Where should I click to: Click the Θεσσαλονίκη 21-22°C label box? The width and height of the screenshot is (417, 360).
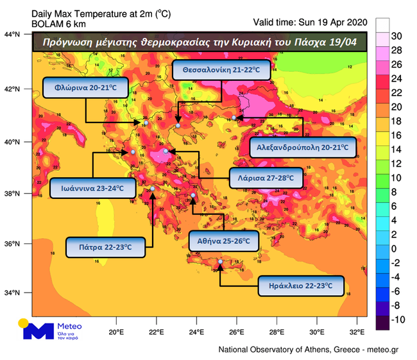point(221,71)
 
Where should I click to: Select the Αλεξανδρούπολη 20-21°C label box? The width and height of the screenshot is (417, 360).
point(302,147)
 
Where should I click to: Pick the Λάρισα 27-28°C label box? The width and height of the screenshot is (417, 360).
point(264,178)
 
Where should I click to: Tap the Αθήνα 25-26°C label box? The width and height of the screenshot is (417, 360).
point(224,241)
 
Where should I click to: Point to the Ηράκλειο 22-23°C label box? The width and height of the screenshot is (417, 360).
point(301,286)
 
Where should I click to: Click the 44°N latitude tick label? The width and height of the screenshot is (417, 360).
point(13,34)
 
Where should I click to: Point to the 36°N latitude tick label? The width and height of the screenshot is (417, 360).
point(13,244)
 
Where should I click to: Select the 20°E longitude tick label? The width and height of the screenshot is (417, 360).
point(115,332)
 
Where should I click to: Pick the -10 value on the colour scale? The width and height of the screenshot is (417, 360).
point(398,320)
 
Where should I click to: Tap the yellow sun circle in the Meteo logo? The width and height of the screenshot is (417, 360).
point(24,323)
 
